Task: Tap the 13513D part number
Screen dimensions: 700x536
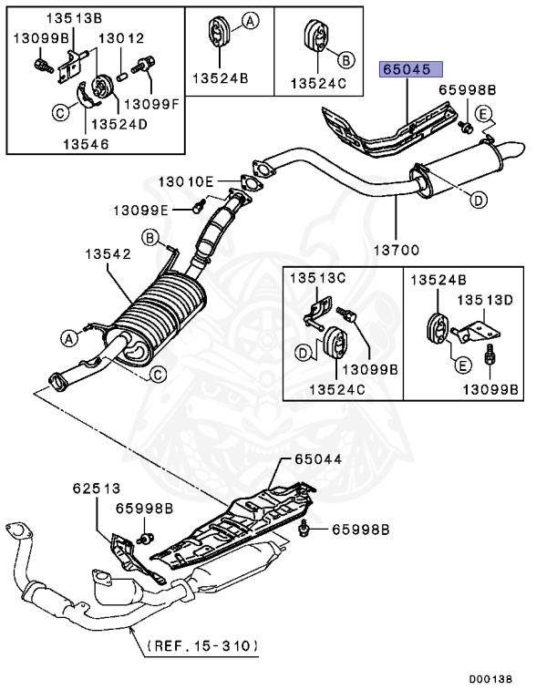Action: (x=485, y=299)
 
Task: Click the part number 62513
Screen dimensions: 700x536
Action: (x=97, y=489)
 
